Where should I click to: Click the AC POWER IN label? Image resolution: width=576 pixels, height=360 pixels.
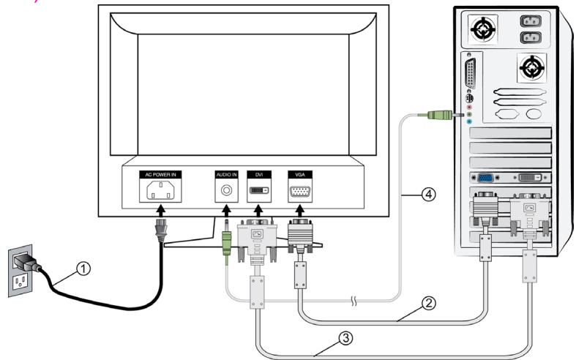click(x=160, y=176)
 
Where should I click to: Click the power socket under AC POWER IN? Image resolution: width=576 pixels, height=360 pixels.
click(x=160, y=192)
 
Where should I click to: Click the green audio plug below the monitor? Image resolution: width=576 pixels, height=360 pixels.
click(x=228, y=242)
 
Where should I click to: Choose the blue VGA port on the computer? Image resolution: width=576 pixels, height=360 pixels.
click(x=484, y=177)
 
